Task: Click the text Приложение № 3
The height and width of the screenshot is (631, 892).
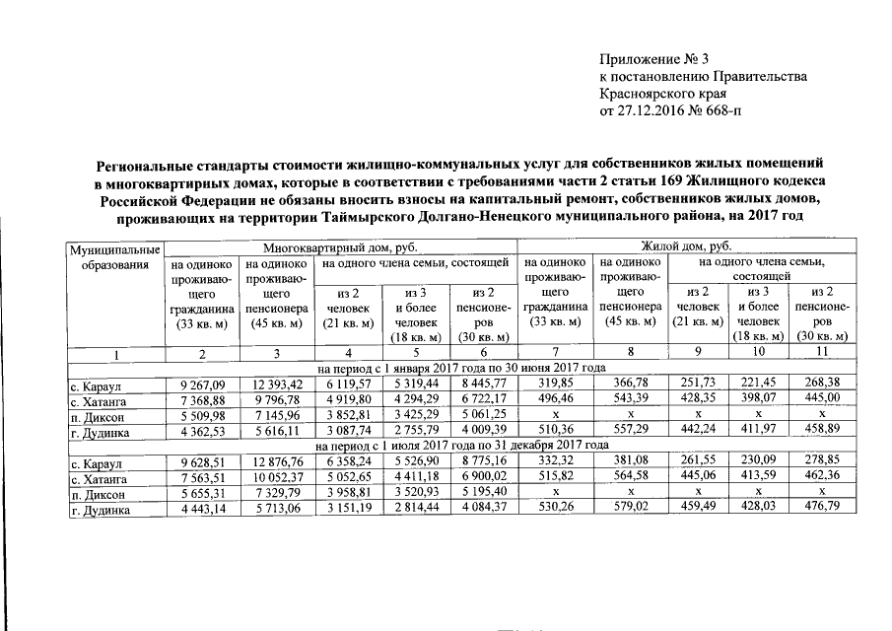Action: (653, 57)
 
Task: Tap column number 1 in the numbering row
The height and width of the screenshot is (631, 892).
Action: (114, 353)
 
